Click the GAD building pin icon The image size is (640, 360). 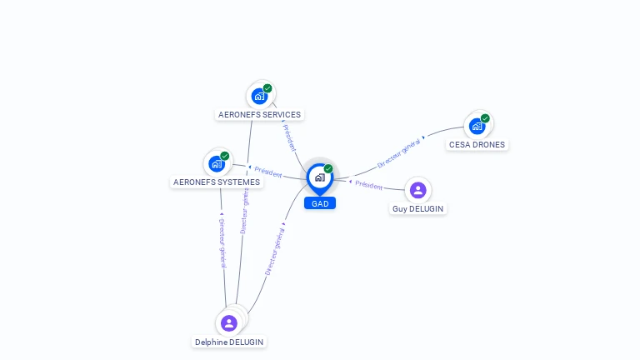click(319, 177)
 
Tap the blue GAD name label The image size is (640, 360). click(320, 203)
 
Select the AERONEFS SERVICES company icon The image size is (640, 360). click(259, 97)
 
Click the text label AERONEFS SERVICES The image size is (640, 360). click(259, 115)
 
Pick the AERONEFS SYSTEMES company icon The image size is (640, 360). click(217, 164)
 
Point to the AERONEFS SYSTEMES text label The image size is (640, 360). click(216, 182)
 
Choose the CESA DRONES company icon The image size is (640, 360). click(477, 127)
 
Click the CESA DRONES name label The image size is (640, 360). click(477, 144)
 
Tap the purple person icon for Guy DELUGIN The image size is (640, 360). click(418, 190)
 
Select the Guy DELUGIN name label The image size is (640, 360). click(418, 208)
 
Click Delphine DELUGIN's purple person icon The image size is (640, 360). click(228, 322)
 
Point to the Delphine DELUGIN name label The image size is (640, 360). click(230, 342)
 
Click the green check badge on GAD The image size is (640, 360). click(328, 168)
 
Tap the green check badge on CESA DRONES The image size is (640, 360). click(485, 118)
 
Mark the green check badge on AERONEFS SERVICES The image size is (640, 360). click(267, 88)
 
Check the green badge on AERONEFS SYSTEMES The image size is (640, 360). click(225, 156)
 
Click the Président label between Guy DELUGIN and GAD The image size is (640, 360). click(367, 185)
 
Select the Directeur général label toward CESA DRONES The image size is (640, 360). click(399, 153)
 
